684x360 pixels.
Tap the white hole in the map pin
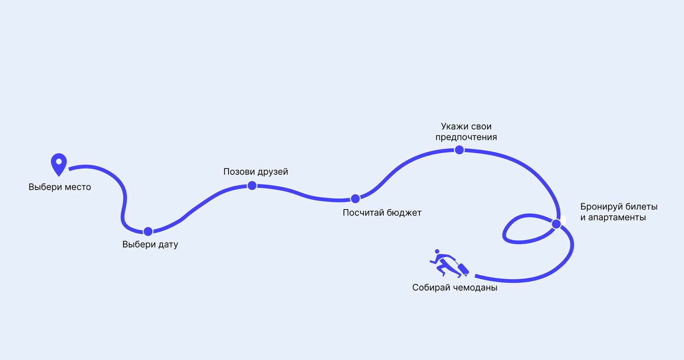coord(58,161)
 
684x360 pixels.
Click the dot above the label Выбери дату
coord(148,231)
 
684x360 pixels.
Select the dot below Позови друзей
coord(252,185)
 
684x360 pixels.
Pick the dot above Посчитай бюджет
coord(355,199)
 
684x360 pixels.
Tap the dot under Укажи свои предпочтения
coord(459,150)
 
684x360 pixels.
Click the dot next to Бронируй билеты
coord(556,224)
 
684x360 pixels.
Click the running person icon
coord(449,263)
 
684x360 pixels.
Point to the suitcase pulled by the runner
coord(463,269)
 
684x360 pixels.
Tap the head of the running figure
coord(437,251)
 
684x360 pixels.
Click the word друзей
coord(273,172)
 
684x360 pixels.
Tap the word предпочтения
coord(466,137)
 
